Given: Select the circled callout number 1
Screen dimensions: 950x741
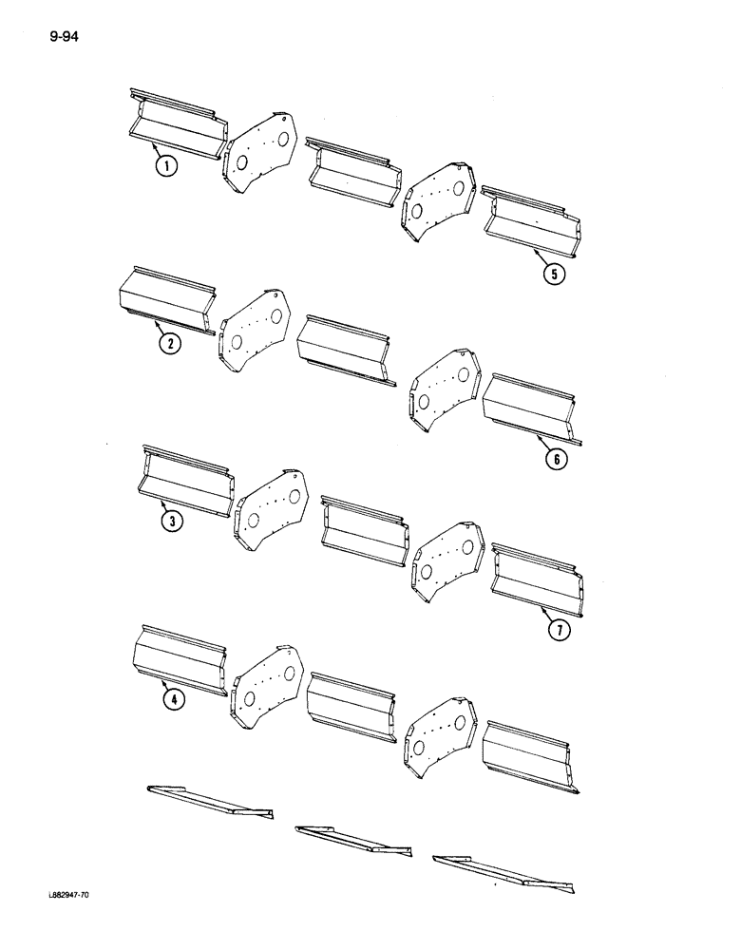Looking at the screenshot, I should pos(167,169).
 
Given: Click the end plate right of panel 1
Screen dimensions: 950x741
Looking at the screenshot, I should pos(259,153).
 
